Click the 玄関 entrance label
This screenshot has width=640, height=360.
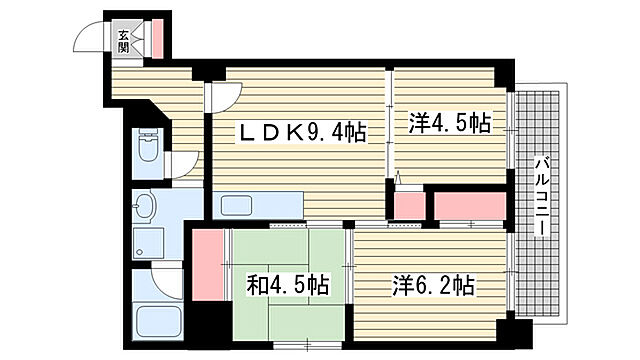[123, 40]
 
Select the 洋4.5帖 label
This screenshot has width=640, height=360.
[449, 124]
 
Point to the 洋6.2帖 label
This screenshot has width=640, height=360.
[434, 285]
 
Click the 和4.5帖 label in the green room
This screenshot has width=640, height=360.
[288, 285]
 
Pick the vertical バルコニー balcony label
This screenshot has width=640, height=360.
[540, 195]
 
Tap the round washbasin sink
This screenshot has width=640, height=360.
[145, 208]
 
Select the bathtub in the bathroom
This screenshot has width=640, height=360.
[158, 322]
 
